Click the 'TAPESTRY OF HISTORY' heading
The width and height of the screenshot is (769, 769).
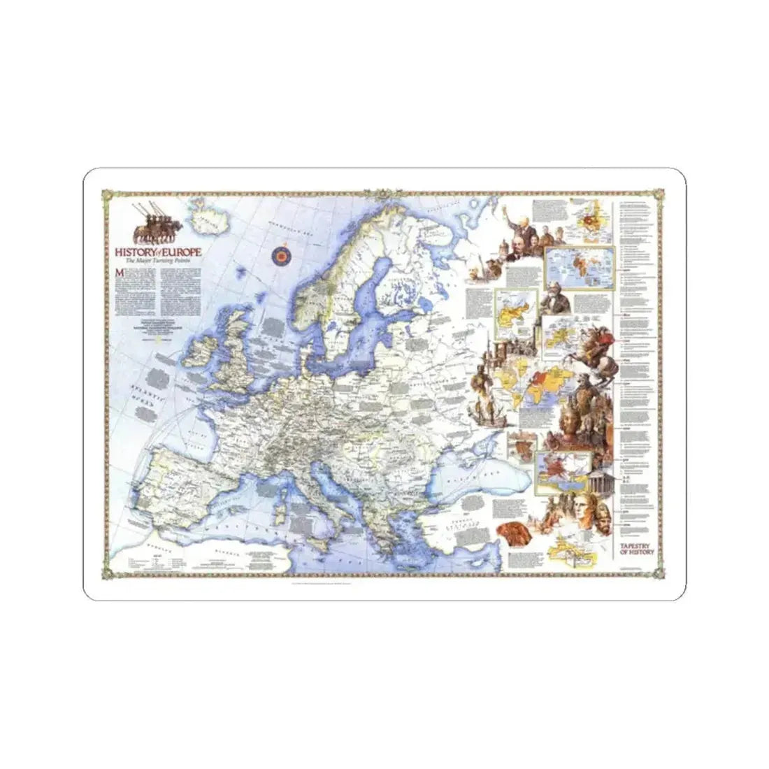click(635, 548)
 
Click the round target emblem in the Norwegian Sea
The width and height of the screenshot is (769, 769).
click(282, 255)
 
